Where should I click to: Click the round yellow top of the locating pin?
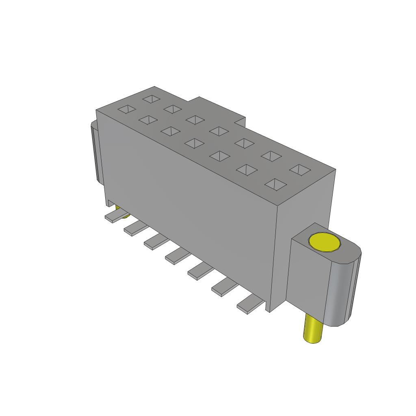click(324, 242)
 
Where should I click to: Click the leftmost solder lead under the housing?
click(114, 216)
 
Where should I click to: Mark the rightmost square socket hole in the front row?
click(275, 184)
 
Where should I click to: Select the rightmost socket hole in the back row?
click(300, 169)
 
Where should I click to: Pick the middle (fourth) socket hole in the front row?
click(195, 143)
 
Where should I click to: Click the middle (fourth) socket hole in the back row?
click(219, 131)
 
